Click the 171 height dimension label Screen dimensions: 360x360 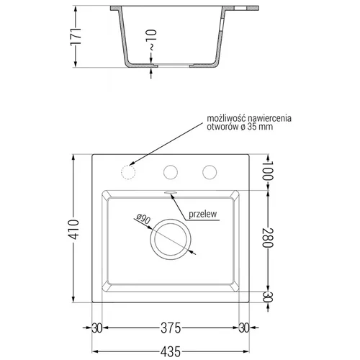(x=76, y=37)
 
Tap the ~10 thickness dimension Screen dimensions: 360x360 (x=151, y=40)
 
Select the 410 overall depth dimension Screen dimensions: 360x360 (x=73, y=229)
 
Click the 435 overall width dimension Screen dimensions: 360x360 (x=171, y=352)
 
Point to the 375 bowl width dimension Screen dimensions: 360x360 (x=171, y=328)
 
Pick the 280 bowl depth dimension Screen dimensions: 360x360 (x=268, y=238)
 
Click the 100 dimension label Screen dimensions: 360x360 (x=268, y=171)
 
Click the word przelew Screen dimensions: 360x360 (x=203, y=214)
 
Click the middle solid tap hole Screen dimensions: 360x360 (x=171, y=172)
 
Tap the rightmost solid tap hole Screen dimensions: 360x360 (x=210, y=172)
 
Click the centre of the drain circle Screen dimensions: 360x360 (x=171, y=239)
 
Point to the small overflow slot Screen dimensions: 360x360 (x=171, y=192)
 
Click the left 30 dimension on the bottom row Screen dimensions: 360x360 (x=97, y=328)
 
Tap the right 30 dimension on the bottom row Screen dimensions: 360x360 (x=244, y=328)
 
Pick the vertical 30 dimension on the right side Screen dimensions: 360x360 (x=268, y=297)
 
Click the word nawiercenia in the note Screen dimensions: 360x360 (x=270, y=118)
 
